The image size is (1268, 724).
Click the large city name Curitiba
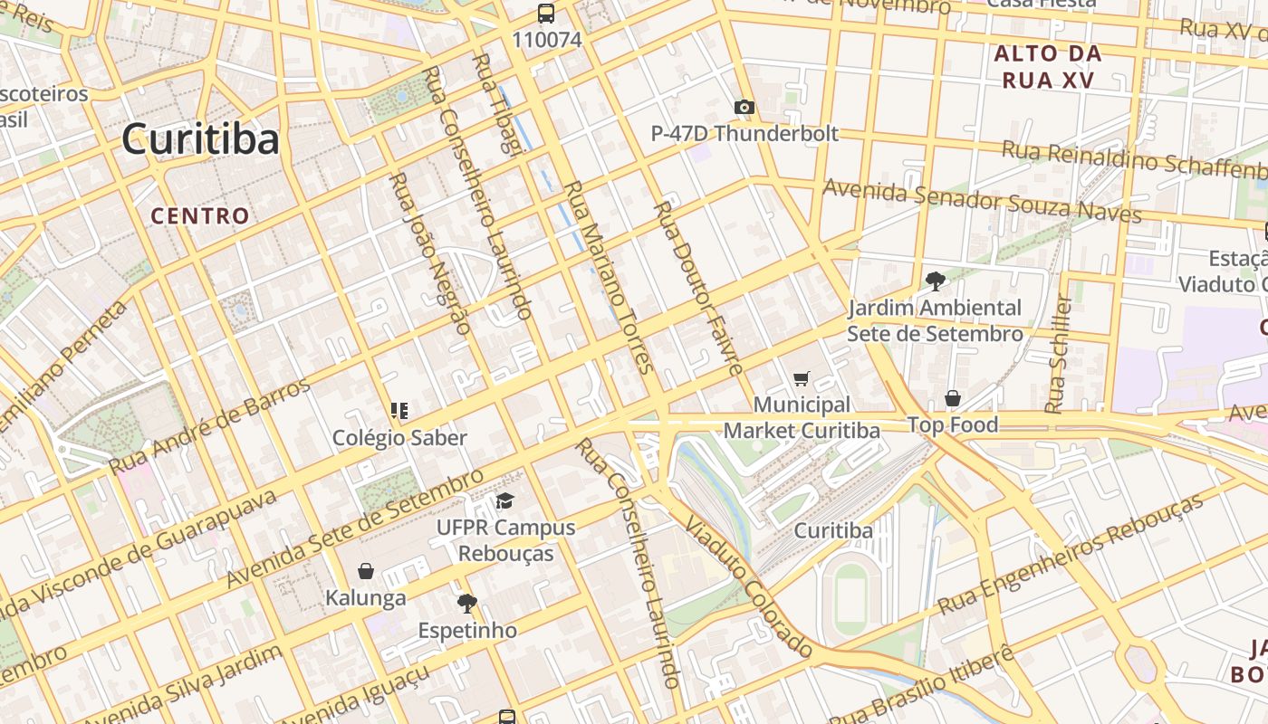[200, 138]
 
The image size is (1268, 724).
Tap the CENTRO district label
[199, 215]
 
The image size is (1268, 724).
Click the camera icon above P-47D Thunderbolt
[744, 108]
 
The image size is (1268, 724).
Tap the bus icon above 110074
[546, 14]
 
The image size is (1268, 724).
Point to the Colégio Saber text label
[399, 438]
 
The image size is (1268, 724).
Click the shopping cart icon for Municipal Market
[801, 378]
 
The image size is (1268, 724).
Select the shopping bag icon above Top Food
[953, 398]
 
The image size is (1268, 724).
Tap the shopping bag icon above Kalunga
[366, 571]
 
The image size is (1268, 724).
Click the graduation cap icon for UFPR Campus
[504, 500]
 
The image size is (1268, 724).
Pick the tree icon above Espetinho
[467, 603]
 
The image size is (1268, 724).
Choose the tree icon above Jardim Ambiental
[935, 281]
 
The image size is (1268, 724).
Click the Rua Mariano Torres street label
[608, 276]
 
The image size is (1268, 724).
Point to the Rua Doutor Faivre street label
[698, 288]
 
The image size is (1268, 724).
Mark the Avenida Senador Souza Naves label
[982, 201]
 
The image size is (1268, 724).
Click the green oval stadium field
[851, 598]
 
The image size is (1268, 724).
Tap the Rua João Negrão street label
[429, 253]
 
